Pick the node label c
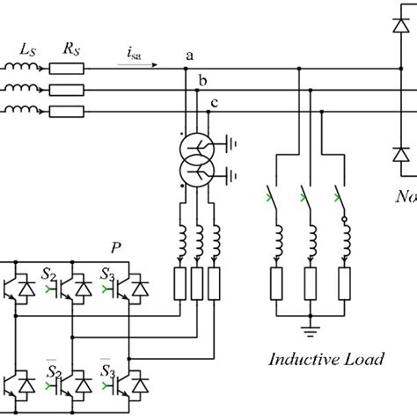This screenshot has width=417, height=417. [x=215, y=104]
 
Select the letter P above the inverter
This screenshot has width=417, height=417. [x=116, y=247]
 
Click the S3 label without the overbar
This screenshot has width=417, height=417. [x=108, y=274]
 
